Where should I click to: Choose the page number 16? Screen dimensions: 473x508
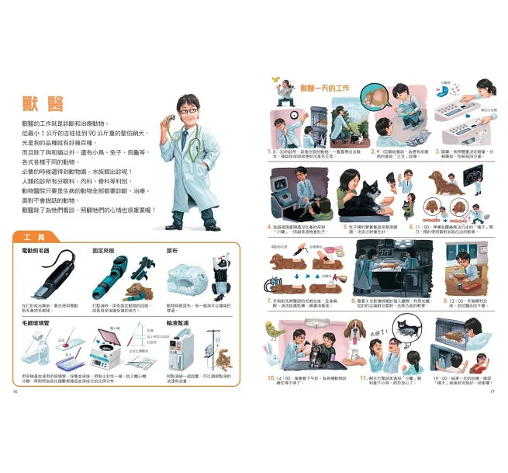(x=15, y=412)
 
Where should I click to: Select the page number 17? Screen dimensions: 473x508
(x=491, y=412)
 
